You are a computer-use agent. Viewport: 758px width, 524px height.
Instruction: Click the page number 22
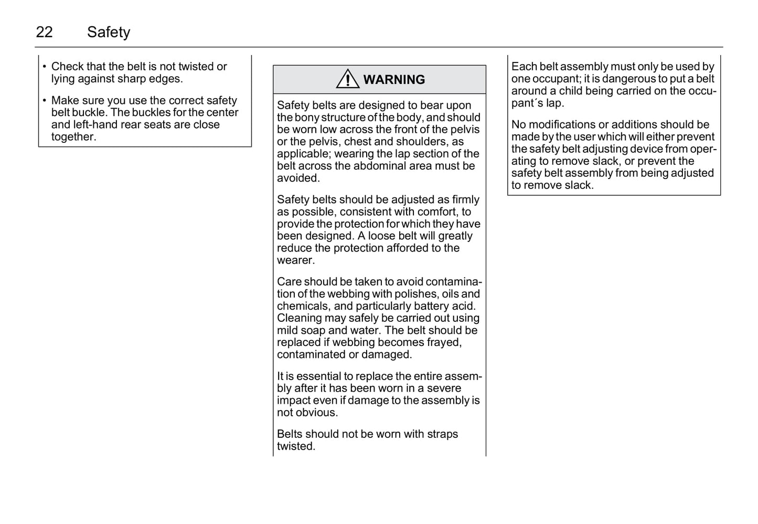click(x=44, y=32)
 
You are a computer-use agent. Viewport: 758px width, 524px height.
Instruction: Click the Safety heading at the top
click(x=109, y=32)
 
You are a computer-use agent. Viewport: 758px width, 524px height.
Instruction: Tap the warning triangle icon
click(x=347, y=79)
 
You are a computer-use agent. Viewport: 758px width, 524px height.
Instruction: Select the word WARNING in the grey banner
click(x=394, y=79)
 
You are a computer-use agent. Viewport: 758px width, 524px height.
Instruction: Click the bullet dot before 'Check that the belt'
click(x=45, y=67)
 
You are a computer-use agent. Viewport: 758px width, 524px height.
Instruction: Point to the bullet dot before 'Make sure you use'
click(x=45, y=100)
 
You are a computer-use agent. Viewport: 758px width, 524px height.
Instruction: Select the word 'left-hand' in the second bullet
click(x=95, y=124)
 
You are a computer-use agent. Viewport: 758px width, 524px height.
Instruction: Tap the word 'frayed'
click(x=443, y=342)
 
